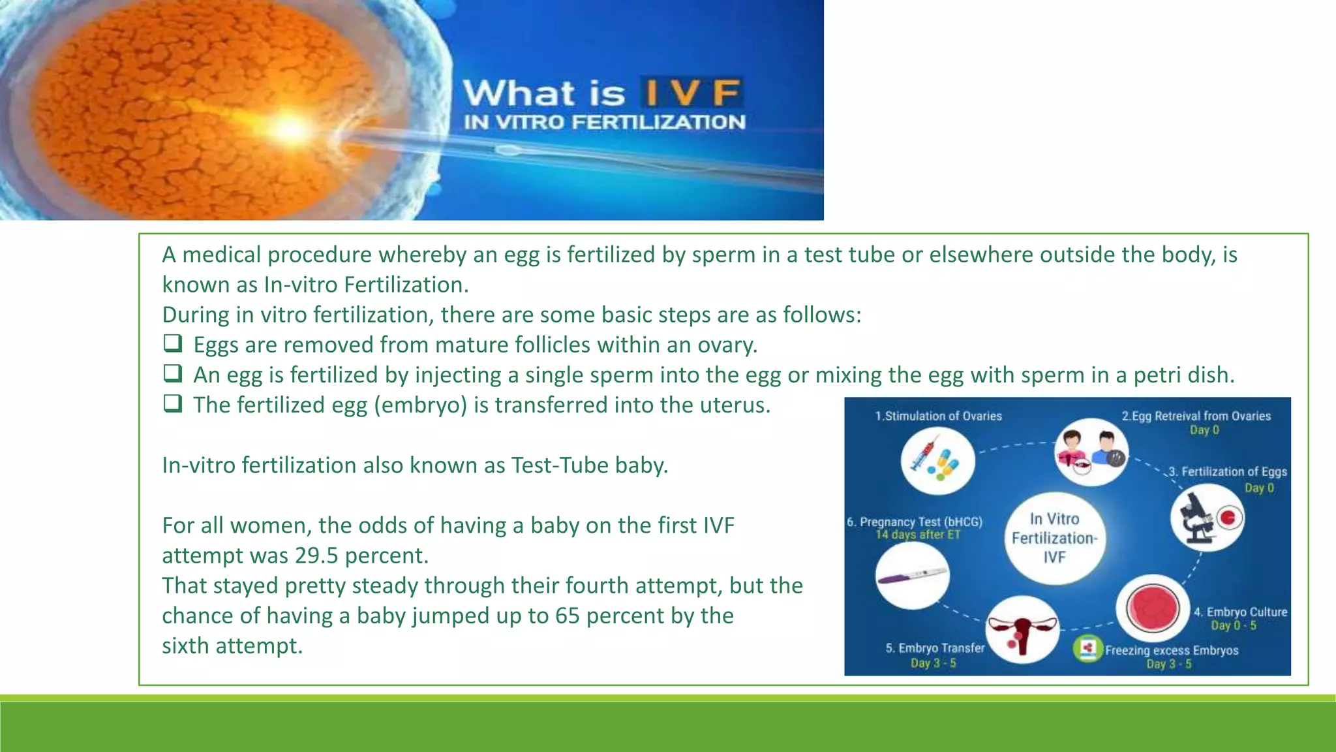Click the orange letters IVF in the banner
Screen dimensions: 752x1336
point(691,93)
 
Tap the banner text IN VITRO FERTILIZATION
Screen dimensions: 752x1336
point(604,122)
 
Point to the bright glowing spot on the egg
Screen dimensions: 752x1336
point(290,129)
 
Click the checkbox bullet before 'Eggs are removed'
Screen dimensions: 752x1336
point(172,343)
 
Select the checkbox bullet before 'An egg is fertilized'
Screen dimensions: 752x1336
point(172,373)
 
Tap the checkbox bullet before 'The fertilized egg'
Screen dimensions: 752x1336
point(172,403)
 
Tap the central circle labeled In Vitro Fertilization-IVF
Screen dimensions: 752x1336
point(1054,538)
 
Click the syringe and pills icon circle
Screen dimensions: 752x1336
point(937,460)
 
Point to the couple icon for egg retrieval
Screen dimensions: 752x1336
point(1091,452)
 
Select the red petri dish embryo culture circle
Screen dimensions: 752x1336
point(1152,608)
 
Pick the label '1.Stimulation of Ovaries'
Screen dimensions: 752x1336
point(938,416)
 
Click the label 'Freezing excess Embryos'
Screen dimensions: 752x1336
point(1171,650)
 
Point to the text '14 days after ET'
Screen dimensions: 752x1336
point(918,535)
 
